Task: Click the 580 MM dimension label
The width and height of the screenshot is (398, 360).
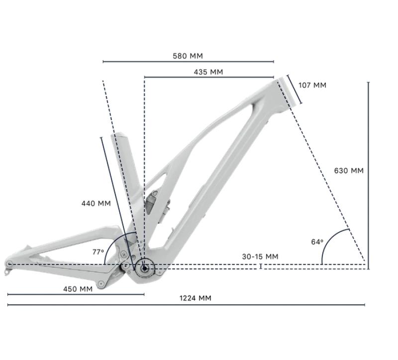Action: [x=188, y=56]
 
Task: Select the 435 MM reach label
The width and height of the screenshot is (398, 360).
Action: [x=208, y=72]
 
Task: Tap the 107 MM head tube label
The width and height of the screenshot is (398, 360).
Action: [x=312, y=85]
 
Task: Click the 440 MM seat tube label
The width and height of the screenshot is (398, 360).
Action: [x=96, y=203]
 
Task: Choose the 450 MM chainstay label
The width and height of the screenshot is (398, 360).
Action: [x=78, y=289]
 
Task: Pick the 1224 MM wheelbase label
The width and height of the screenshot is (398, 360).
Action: [x=196, y=298]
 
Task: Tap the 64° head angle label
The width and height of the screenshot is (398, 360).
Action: [x=317, y=242]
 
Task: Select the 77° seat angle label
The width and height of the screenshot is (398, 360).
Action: [x=98, y=252]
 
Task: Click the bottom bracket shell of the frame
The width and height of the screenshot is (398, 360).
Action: [x=144, y=268]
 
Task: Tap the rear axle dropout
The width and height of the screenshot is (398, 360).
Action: [x=9, y=263]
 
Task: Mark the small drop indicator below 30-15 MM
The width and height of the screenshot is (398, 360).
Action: [x=261, y=266]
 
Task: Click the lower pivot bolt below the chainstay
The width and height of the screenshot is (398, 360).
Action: [x=101, y=283]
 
